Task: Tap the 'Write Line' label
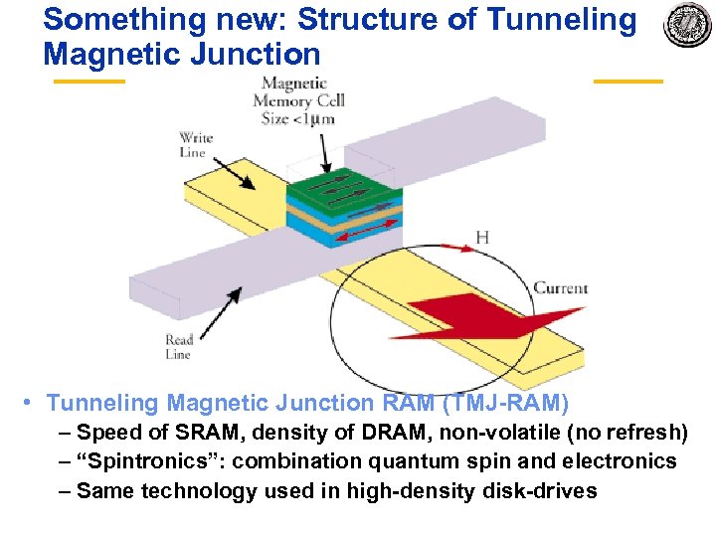pyautogui.click(x=195, y=145)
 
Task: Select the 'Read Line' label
pyautogui.click(x=179, y=346)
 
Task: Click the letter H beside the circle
pyautogui.click(x=482, y=238)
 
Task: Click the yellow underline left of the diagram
pyautogui.click(x=89, y=82)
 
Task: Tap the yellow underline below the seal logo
pyautogui.click(x=627, y=82)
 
